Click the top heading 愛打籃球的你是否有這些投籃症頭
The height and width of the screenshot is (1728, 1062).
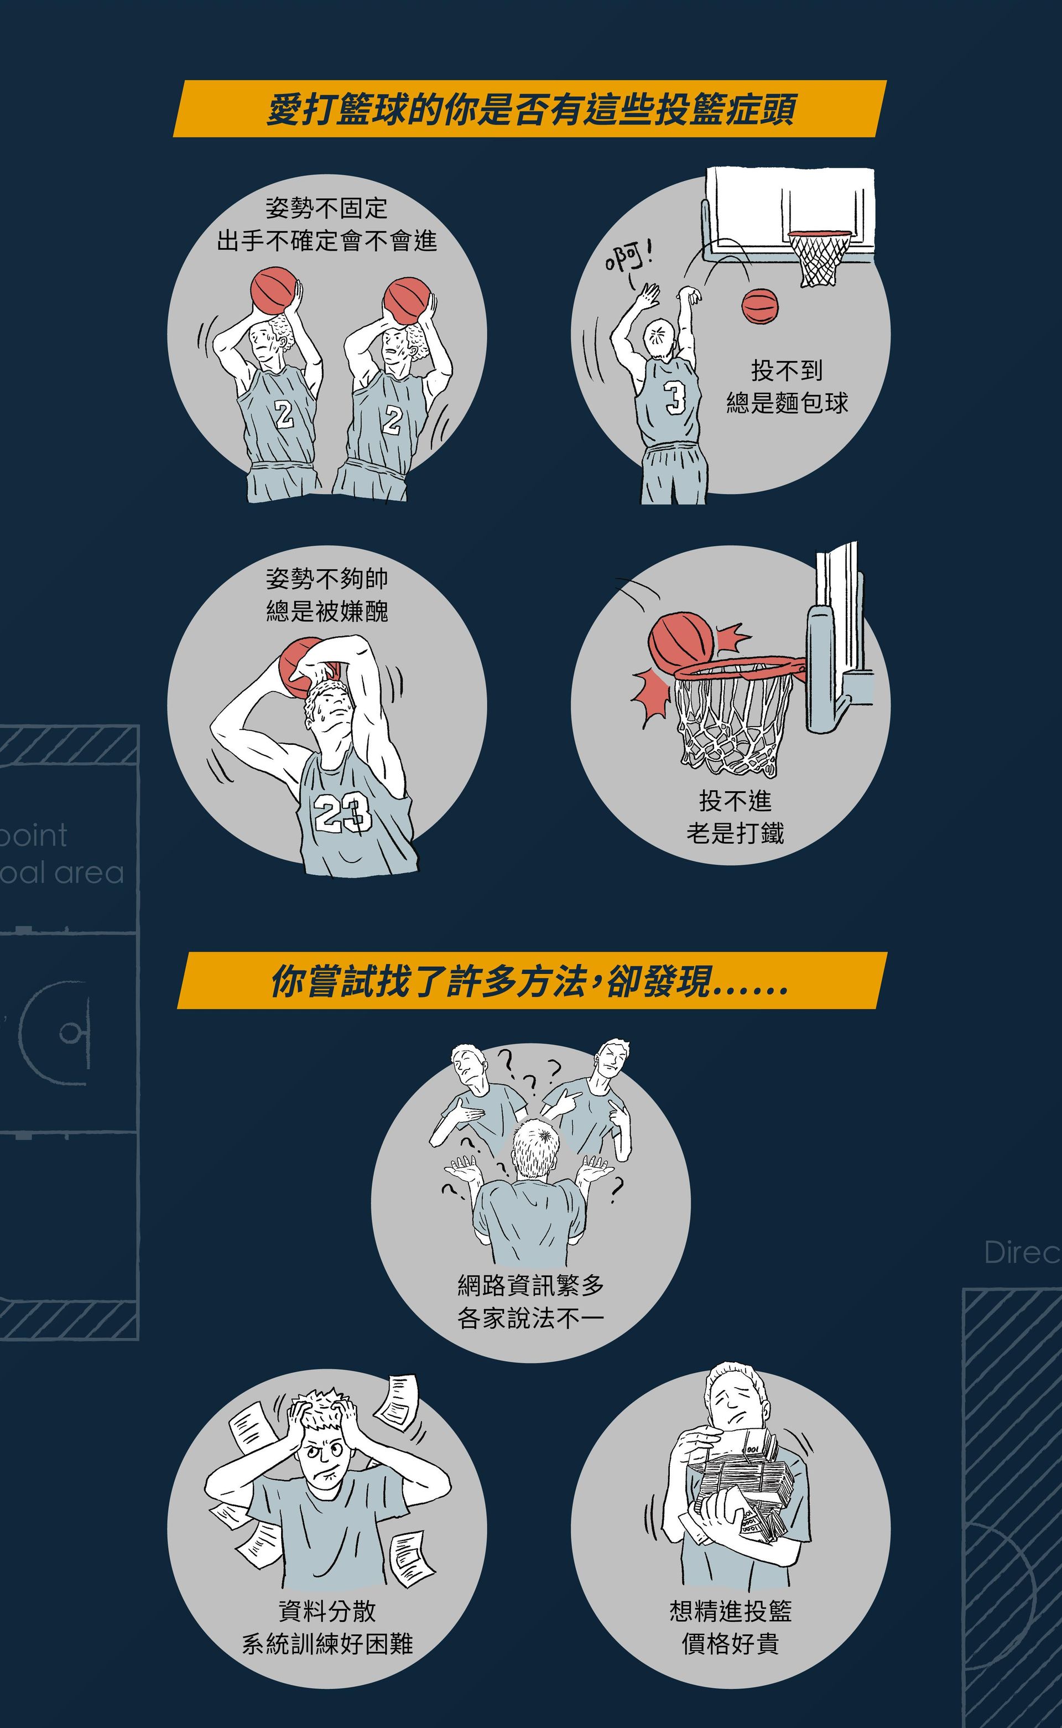(531, 110)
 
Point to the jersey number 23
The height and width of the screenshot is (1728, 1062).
(342, 813)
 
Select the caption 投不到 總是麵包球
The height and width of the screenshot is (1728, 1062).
(787, 386)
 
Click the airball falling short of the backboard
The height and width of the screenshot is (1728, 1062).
(760, 307)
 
